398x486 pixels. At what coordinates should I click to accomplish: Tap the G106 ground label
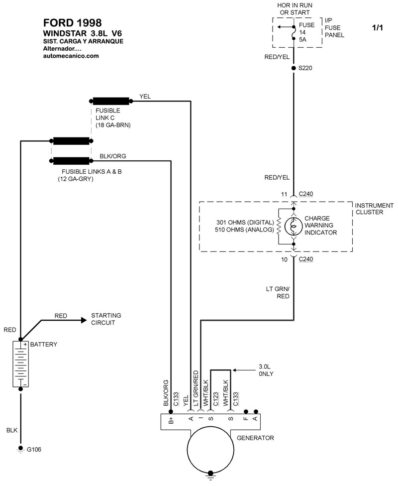pos(34,450)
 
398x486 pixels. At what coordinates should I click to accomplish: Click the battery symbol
pos(20,364)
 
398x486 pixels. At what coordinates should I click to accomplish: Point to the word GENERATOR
pos(255,438)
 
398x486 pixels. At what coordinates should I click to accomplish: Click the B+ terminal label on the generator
pos(171,421)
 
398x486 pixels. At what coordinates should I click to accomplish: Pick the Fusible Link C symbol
pos(112,101)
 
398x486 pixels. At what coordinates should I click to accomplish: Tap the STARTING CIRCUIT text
pos(106,319)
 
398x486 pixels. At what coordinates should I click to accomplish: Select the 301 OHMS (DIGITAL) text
pos(245,222)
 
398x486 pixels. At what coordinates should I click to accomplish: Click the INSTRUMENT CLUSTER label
pos(374,209)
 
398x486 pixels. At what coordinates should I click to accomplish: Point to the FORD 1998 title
pos(73,22)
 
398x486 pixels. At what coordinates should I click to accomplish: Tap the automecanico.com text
pos(71,56)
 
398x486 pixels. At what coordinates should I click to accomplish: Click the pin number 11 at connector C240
pos(285,194)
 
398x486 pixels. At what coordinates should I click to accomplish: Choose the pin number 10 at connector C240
pos(285,259)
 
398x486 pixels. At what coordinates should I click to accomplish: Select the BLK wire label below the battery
pos(12,429)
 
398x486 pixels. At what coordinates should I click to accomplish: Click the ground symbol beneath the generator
pos(211,474)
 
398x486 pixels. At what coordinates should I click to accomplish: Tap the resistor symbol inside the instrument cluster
pos(279,227)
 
